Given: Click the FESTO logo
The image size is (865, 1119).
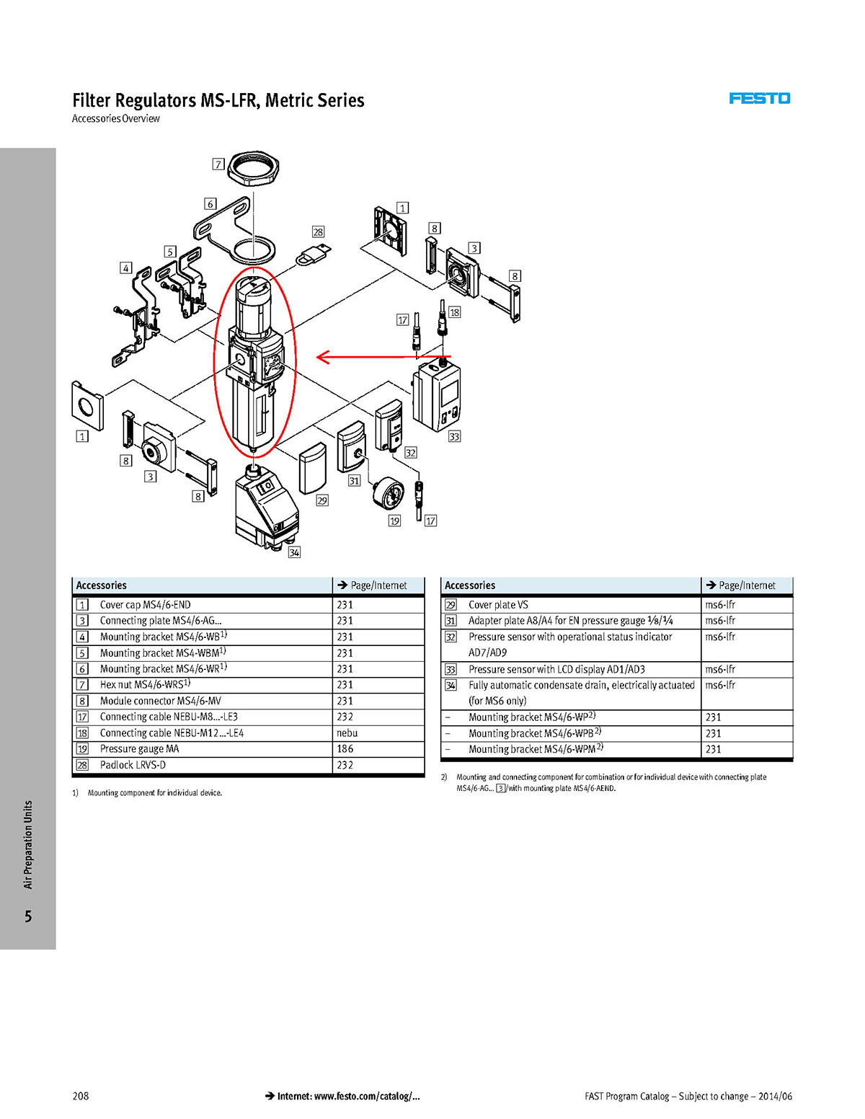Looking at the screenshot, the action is click(759, 98).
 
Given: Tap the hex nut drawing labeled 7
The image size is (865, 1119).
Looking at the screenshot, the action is click(253, 169).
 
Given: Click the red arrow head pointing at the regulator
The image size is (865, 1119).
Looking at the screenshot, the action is click(323, 356).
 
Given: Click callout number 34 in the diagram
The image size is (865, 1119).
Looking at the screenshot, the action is click(294, 552).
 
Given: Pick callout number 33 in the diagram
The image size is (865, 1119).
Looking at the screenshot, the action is click(454, 436).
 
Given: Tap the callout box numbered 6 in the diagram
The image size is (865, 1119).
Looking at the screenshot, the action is click(210, 204).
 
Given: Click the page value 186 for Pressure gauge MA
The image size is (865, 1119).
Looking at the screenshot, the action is click(345, 748).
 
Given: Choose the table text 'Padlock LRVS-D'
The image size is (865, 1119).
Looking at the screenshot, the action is click(133, 765).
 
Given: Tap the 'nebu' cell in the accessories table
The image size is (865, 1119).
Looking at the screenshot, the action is click(347, 733).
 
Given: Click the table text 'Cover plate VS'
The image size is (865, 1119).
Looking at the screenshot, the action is click(498, 604).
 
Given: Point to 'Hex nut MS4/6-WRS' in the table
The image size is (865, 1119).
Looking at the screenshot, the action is click(141, 684).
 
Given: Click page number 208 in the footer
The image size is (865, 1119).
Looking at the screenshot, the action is click(80, 1095).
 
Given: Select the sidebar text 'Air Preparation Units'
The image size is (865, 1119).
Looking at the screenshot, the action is click(28, 844).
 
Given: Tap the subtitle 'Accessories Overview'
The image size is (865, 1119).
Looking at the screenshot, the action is click(116, 118).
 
